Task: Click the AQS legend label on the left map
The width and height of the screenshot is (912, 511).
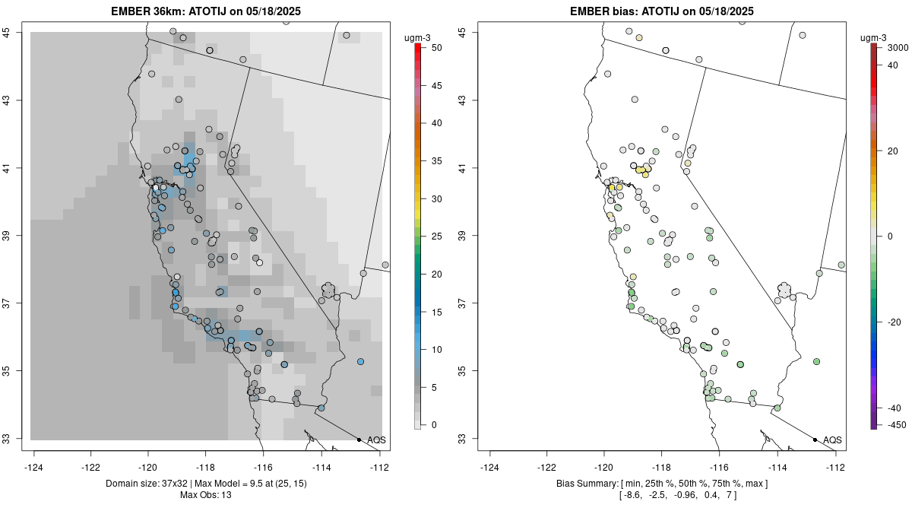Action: (376, 440)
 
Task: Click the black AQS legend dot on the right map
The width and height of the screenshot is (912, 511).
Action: (815, 440)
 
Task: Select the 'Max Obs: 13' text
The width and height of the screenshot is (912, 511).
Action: (205, 495)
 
